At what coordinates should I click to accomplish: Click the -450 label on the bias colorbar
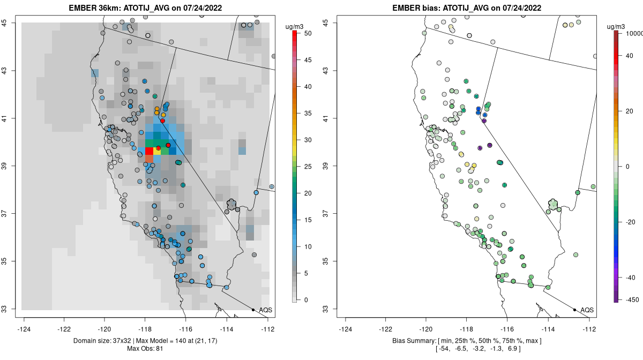(x=627, y=299)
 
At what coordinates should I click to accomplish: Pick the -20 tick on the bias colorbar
(x=627, y=222)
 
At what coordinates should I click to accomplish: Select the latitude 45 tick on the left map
(x=10, y=22)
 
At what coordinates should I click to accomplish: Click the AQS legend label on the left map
(x=265, y=310)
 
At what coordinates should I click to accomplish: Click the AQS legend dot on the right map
(x=574, y=310)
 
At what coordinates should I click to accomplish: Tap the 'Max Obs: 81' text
(x=145, y=349)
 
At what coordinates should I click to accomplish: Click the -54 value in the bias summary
(x=444, y=349)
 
